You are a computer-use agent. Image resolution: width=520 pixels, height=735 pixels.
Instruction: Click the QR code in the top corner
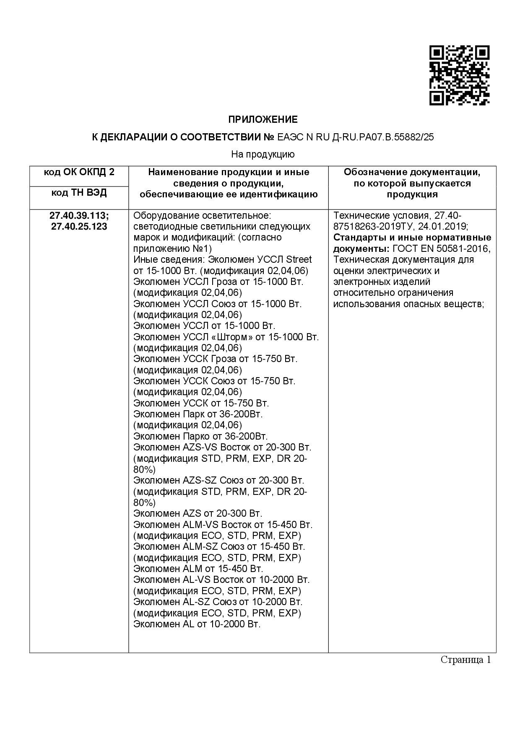coord(459,75)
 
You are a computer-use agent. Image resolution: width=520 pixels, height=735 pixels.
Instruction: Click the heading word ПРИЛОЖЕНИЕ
coord(263,120)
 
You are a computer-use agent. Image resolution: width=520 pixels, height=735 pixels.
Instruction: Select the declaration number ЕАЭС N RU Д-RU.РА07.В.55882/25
coord(356,137)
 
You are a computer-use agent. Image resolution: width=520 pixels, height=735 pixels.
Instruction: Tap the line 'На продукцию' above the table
coord(263,155)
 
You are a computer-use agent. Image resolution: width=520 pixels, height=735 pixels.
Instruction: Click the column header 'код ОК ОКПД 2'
coord(79,172)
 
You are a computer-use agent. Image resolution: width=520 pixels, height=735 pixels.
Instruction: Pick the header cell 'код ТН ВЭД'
coord(79,193)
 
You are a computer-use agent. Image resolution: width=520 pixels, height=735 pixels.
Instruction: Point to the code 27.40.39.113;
coord(79,216)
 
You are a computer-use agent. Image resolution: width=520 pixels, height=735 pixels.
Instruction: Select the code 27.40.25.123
coord(79,227)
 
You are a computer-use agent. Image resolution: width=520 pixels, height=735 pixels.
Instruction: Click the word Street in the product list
coord(299,259)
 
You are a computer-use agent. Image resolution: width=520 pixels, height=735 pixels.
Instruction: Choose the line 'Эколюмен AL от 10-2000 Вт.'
coord(197,624)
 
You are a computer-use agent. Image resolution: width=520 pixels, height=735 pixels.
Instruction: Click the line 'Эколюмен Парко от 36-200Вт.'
coord(200,436)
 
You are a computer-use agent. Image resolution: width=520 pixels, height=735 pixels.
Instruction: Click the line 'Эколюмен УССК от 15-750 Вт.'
coord(201,403)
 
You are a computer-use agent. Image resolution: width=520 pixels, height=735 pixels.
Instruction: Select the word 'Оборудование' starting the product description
coord(161,216)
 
